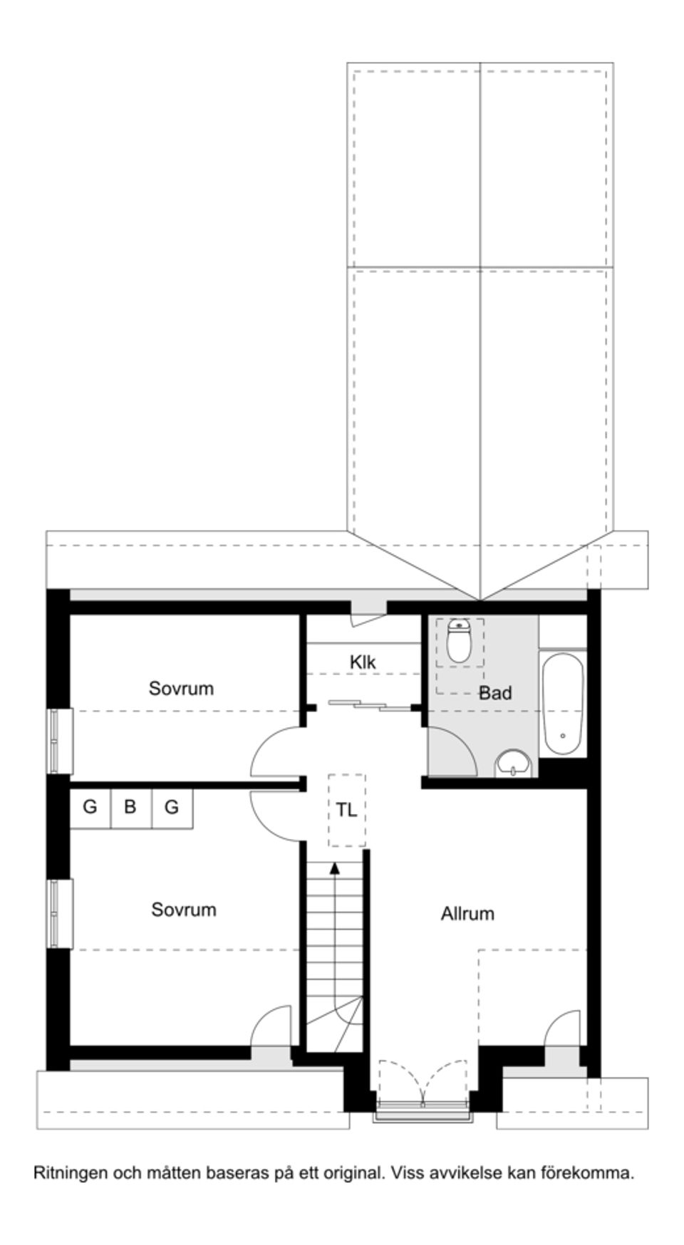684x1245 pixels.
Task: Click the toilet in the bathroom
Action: click(459, 641)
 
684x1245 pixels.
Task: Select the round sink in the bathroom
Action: click(513, 764)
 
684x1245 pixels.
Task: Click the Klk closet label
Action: click(362, 662)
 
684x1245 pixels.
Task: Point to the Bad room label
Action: click(494, 693)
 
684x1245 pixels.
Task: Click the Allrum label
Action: click(467, 914)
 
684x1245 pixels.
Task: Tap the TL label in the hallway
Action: click(346, 810)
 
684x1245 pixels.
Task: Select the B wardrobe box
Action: click(130, 808)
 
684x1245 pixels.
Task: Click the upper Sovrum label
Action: click(181, 689)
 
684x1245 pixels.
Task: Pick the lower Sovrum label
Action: click(183, 910)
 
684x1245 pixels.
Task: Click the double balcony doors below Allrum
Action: click(423, 1084)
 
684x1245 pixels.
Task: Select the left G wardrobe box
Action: click(90, 808)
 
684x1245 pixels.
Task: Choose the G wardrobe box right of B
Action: click(172, 808)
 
